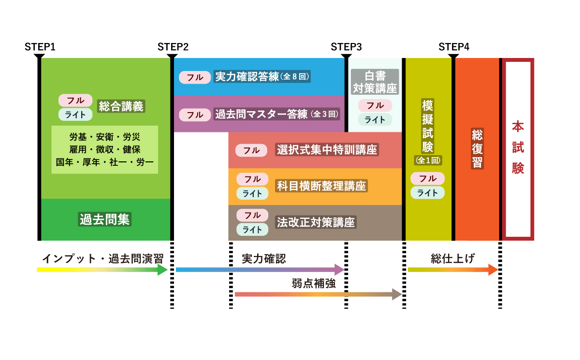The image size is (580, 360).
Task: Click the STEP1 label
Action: pos(40,47)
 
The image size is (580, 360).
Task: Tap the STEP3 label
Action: pos(346,47)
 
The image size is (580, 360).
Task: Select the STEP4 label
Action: pos(454,47)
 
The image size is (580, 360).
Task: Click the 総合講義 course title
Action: pos(121,107)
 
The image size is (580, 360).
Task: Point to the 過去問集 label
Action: pos(105,219)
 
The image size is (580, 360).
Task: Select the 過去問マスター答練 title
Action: pos(261,115)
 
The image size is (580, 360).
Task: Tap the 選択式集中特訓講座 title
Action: pos(327,150)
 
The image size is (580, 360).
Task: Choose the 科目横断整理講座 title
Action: pos(321,186)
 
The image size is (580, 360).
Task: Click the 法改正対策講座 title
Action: pos(316,222)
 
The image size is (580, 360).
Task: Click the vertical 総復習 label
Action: pos(477,148)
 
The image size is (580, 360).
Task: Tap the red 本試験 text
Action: pos(518,147)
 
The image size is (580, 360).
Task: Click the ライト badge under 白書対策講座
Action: pos(375,120)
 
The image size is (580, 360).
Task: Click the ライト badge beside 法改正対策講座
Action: pos(252,230)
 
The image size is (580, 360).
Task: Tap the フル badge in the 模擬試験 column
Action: pos(427,178)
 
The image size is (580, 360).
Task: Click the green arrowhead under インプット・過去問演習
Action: pos(163,270)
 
